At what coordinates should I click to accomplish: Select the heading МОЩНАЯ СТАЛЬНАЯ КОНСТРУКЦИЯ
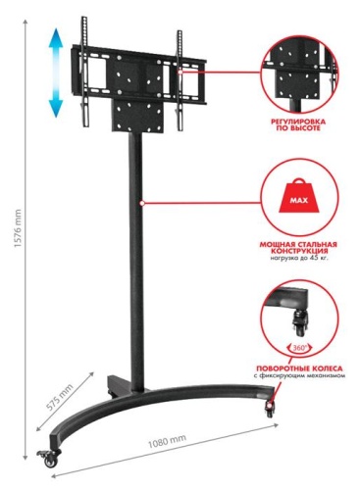(298, 244)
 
